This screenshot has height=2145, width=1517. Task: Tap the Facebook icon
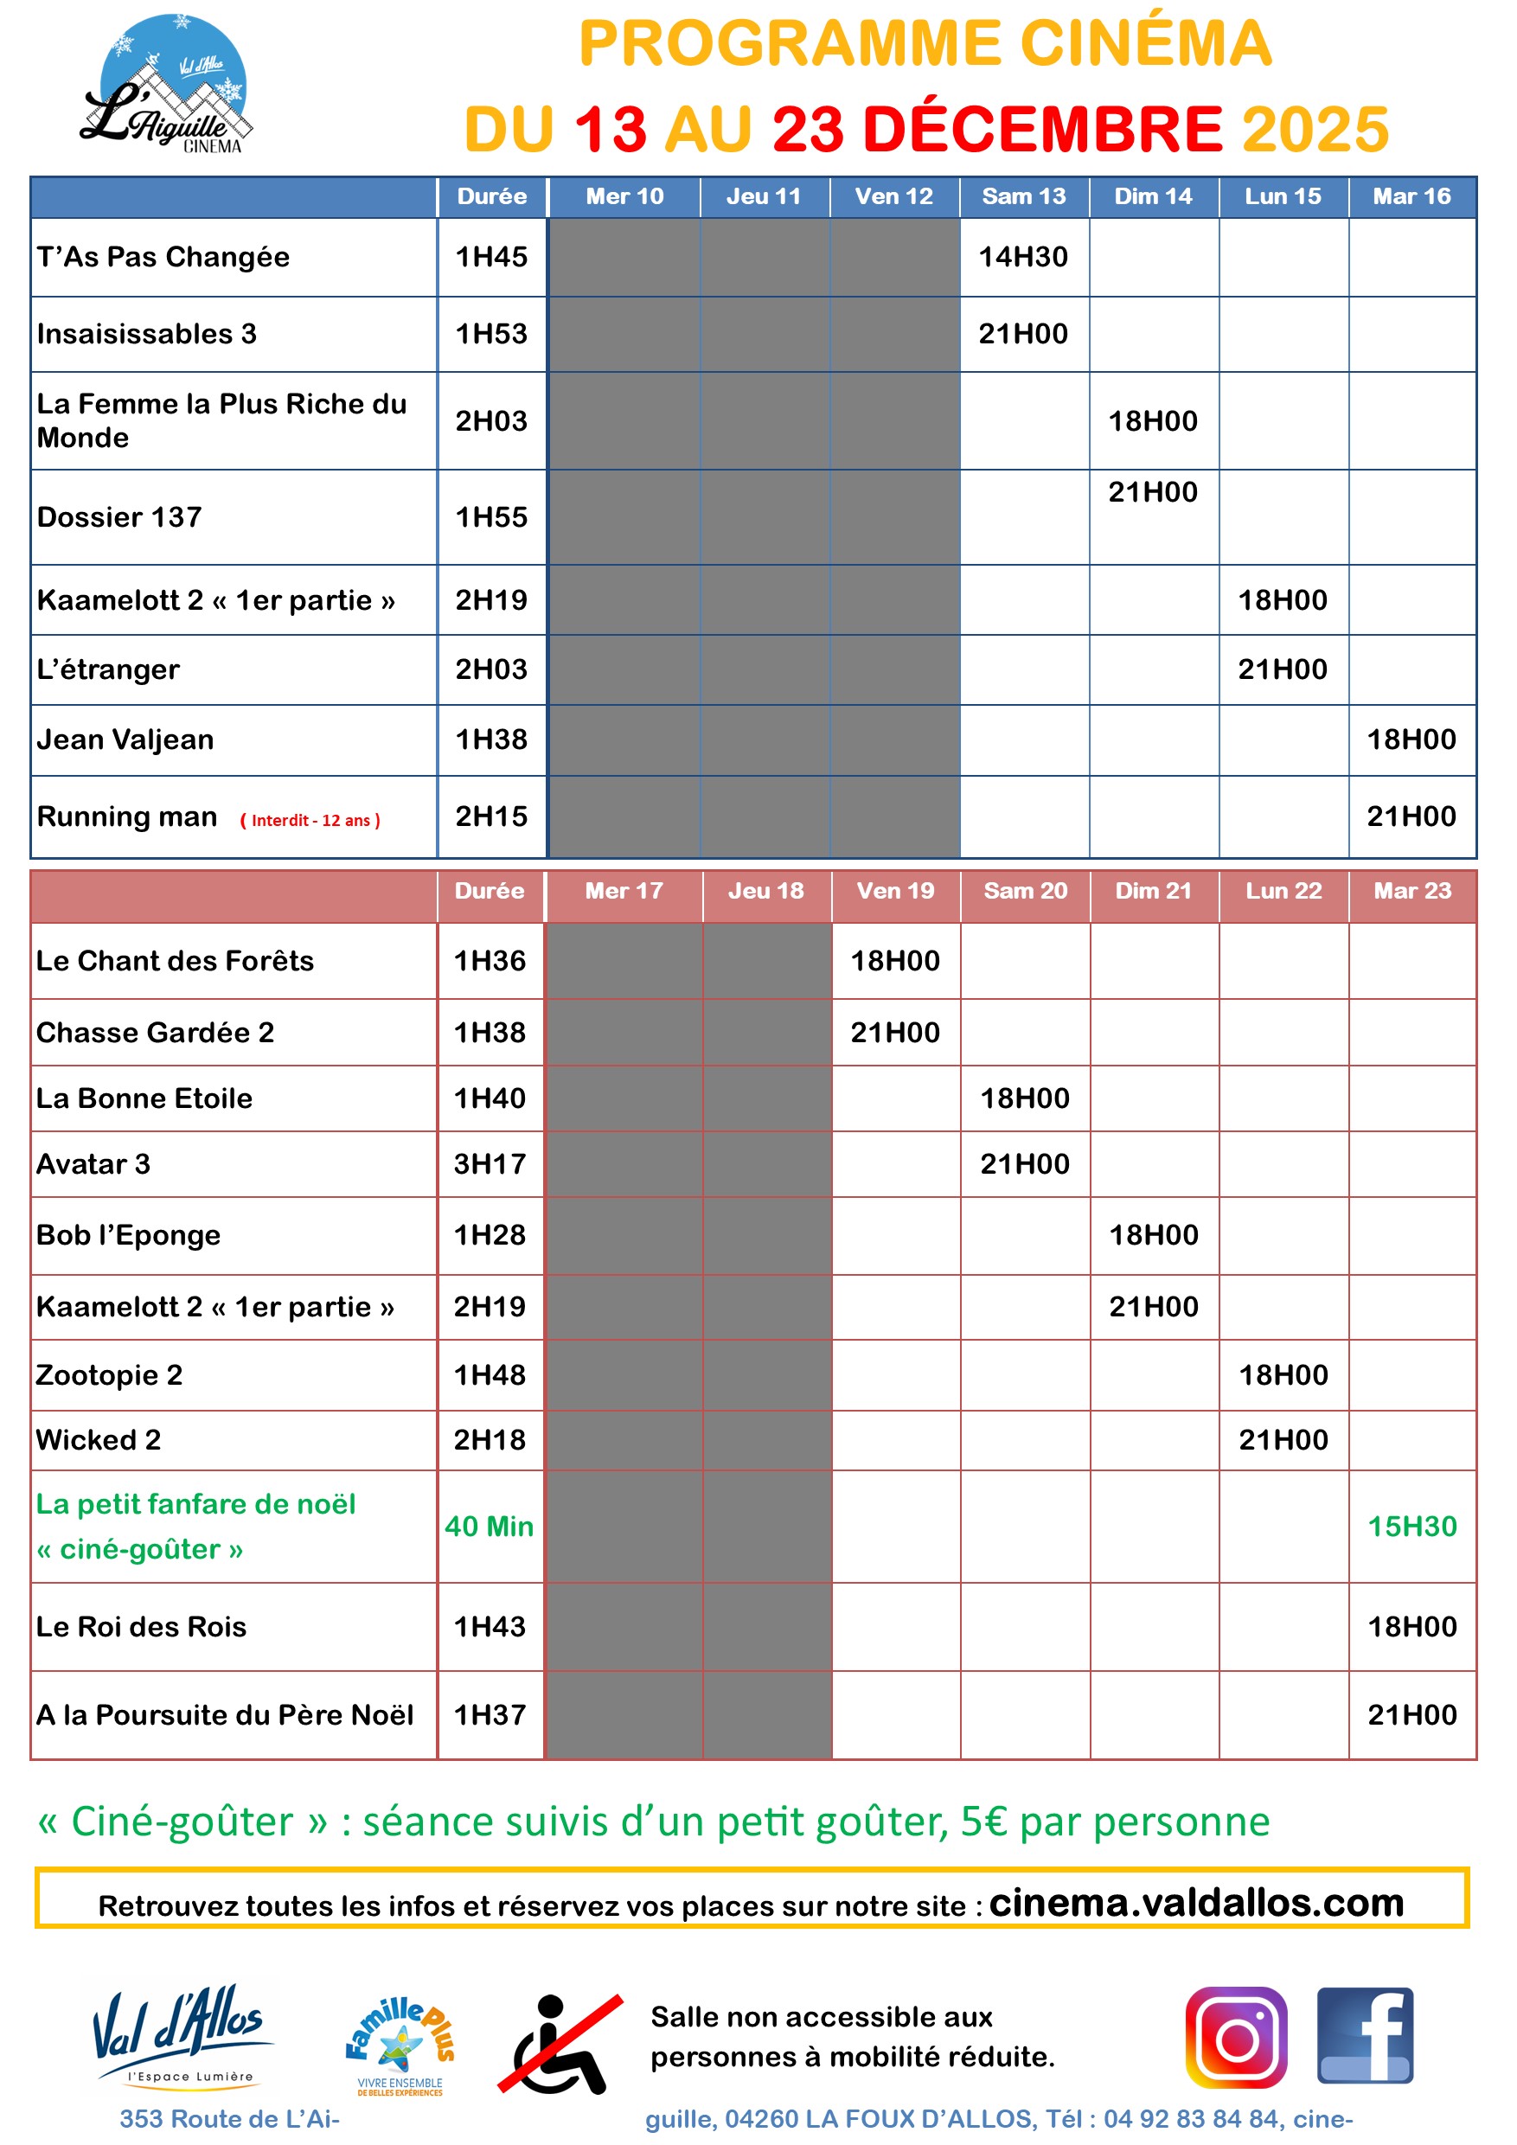click(x=1365, y=2036)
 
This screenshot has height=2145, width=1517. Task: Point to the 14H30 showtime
click(x=1023, y=257)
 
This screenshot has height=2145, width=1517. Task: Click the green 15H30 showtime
click(x=1411, y=1526)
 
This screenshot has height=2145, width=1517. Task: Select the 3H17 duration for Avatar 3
click(x=490, y=1164)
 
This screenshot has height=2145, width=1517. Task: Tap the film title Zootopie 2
click(x=109, y=1375)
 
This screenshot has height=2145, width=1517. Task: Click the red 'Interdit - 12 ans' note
click(x=310, y=820)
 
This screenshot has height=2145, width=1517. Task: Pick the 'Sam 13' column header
click(x=1023, y=196)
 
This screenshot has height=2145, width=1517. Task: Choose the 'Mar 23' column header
click(x=1411, y=890)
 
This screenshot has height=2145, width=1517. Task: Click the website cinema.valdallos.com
click(x=1195, y=1902)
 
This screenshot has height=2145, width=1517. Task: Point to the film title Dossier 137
click(x=119, y=516)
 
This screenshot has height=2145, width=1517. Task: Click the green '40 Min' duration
click(x=489, y=1526)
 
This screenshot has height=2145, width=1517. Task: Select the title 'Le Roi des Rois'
click(x=141, y=1627)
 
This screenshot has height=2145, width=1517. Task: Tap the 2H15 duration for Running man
click(x=491, y=816)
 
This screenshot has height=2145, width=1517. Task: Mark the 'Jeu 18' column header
click(x=765, y=890)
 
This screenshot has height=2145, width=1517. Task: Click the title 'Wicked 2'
click(x=98, y=1439)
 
